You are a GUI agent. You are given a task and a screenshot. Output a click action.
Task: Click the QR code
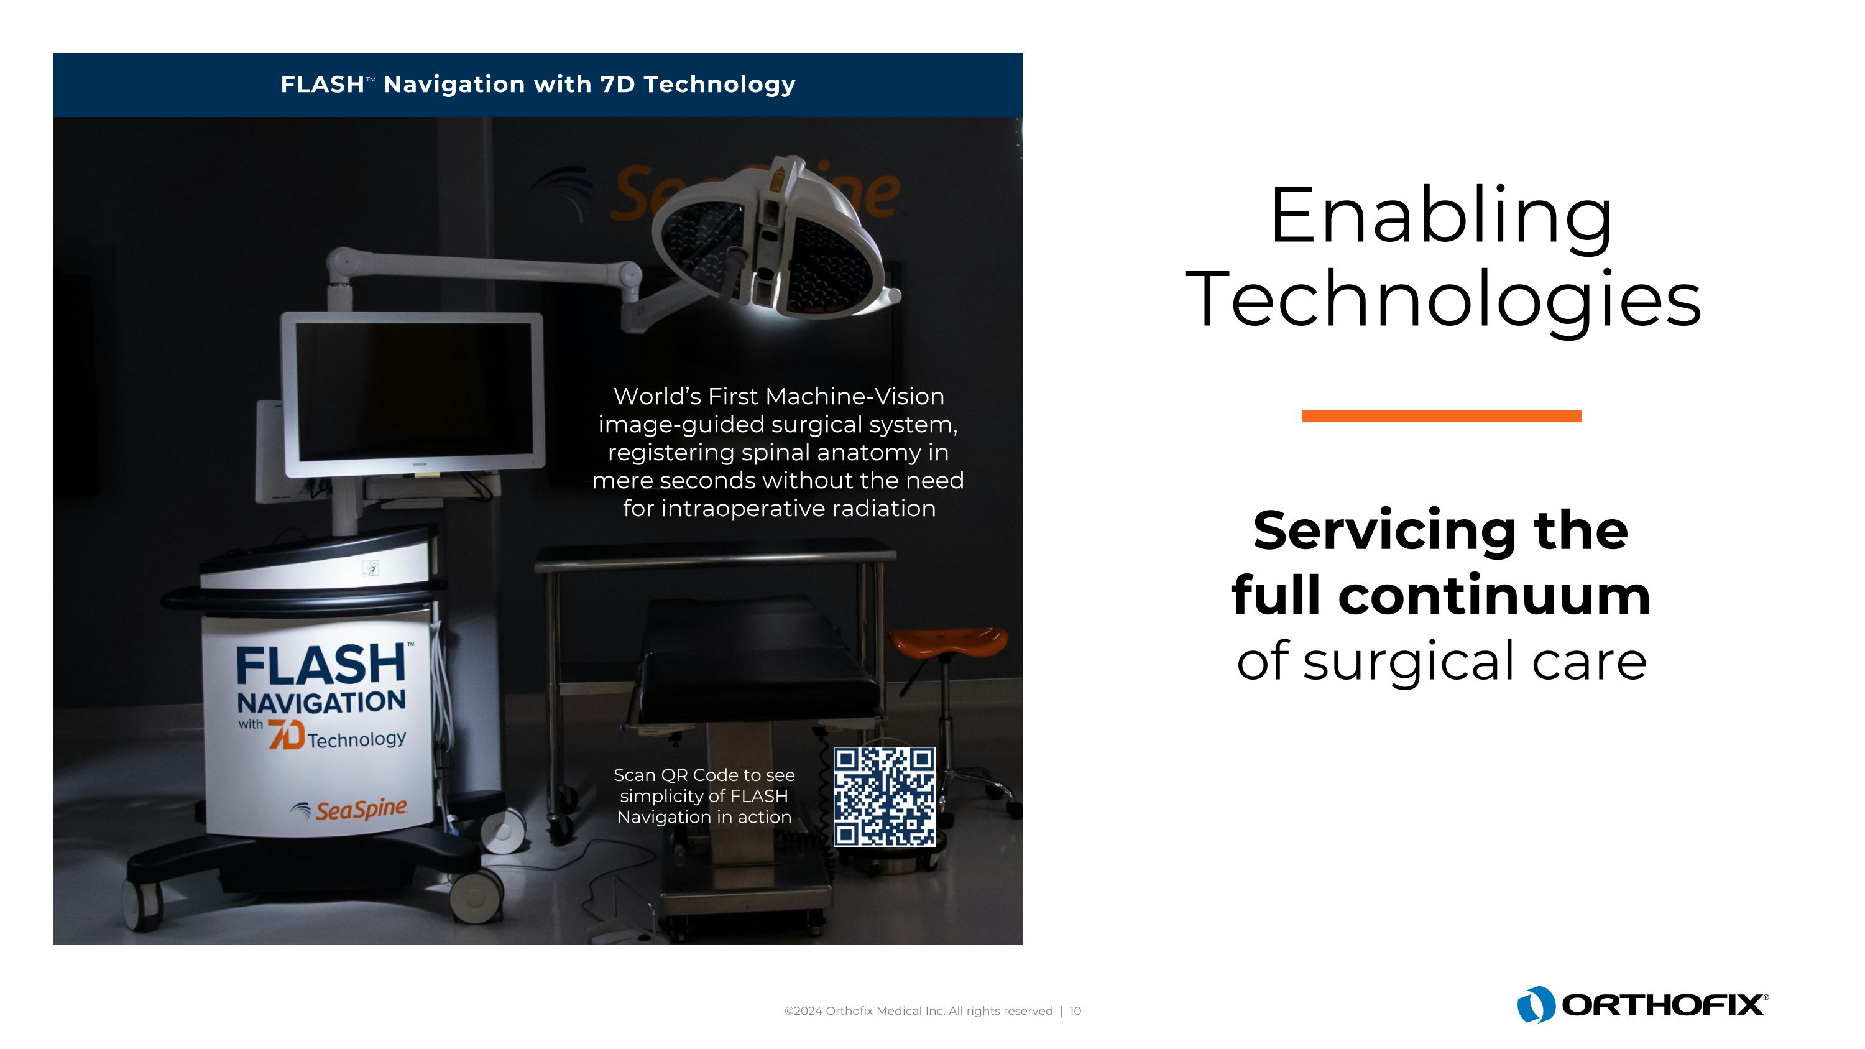pos(884,797)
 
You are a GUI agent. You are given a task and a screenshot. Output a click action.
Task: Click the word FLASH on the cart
pos(321,665)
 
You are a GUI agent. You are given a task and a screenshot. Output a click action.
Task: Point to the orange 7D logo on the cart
pos(286,734)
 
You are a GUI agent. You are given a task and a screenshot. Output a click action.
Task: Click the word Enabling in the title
pos(1441,217)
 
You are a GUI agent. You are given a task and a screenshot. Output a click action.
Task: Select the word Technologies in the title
pos(1442,300)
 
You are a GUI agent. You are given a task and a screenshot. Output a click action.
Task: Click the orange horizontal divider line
pos(1441,416)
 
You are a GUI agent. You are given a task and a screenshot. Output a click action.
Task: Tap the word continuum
pos(1494,596)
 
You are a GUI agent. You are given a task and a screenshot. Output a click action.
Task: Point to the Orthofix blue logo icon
pos(1536,1005)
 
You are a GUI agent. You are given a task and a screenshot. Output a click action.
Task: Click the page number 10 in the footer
pos(1075,1010)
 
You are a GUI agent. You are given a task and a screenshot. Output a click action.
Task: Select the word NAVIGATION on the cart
pos(321,702)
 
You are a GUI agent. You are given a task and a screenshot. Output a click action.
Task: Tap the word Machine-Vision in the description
pos(855,396)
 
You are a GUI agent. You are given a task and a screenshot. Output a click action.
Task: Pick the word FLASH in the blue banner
pos(322,85)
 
